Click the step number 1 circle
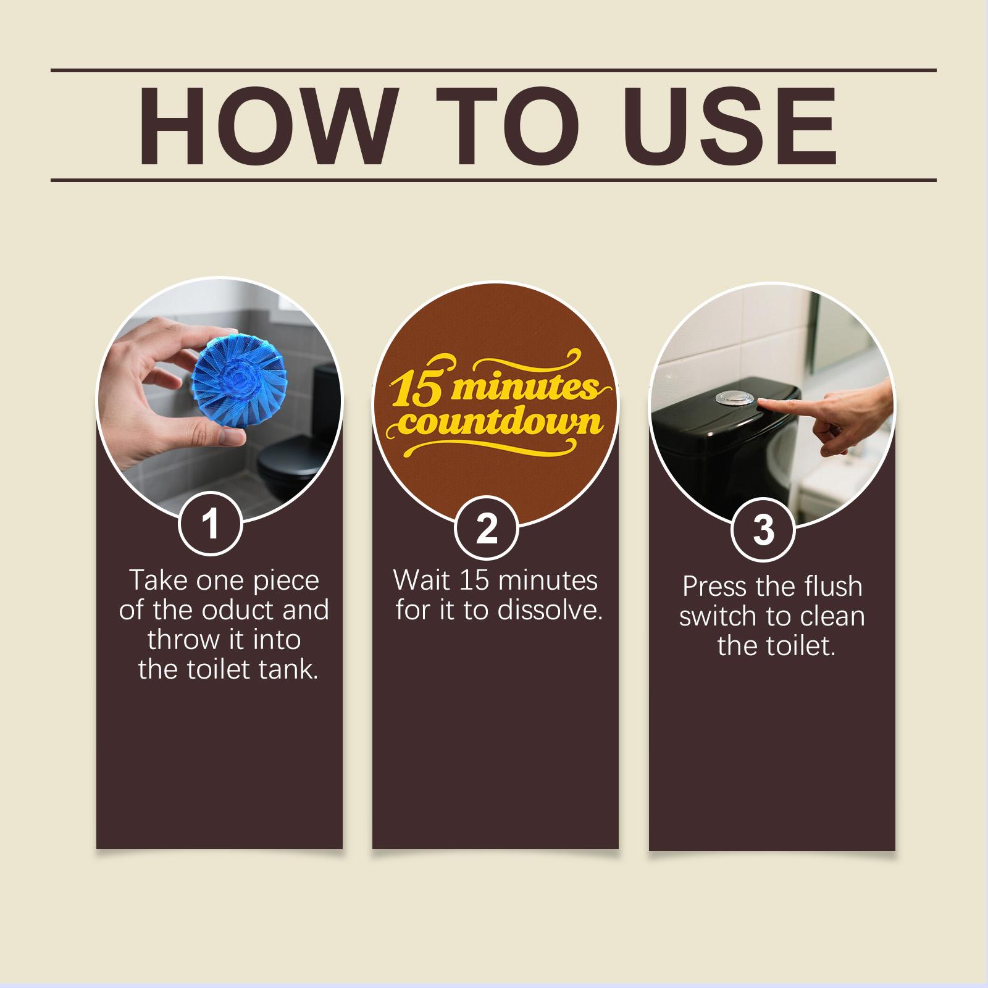pyautogui.click(x=211, y=524)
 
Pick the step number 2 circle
pyautogui.click(x=487, y=528)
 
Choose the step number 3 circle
pyautogui.click(x=763, y=529)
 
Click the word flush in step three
pyautogui.click(x=831, y=587)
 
